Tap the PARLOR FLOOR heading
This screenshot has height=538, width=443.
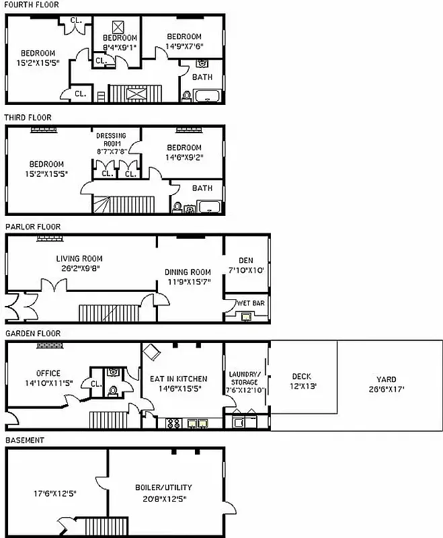coord(32,227)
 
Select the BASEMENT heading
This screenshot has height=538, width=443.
coord(25,440)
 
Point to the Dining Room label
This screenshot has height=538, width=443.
coord(188,272)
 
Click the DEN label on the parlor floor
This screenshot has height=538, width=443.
coord(246,260)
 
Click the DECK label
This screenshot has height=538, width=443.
coord(301,376)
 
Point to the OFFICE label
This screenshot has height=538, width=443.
coord(48,373)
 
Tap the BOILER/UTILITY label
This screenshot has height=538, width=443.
coord(164,487)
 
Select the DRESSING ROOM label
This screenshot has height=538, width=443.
coord(111,139)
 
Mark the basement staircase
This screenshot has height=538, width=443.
coord(106,525)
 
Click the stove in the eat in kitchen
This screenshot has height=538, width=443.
coord(173,424)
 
